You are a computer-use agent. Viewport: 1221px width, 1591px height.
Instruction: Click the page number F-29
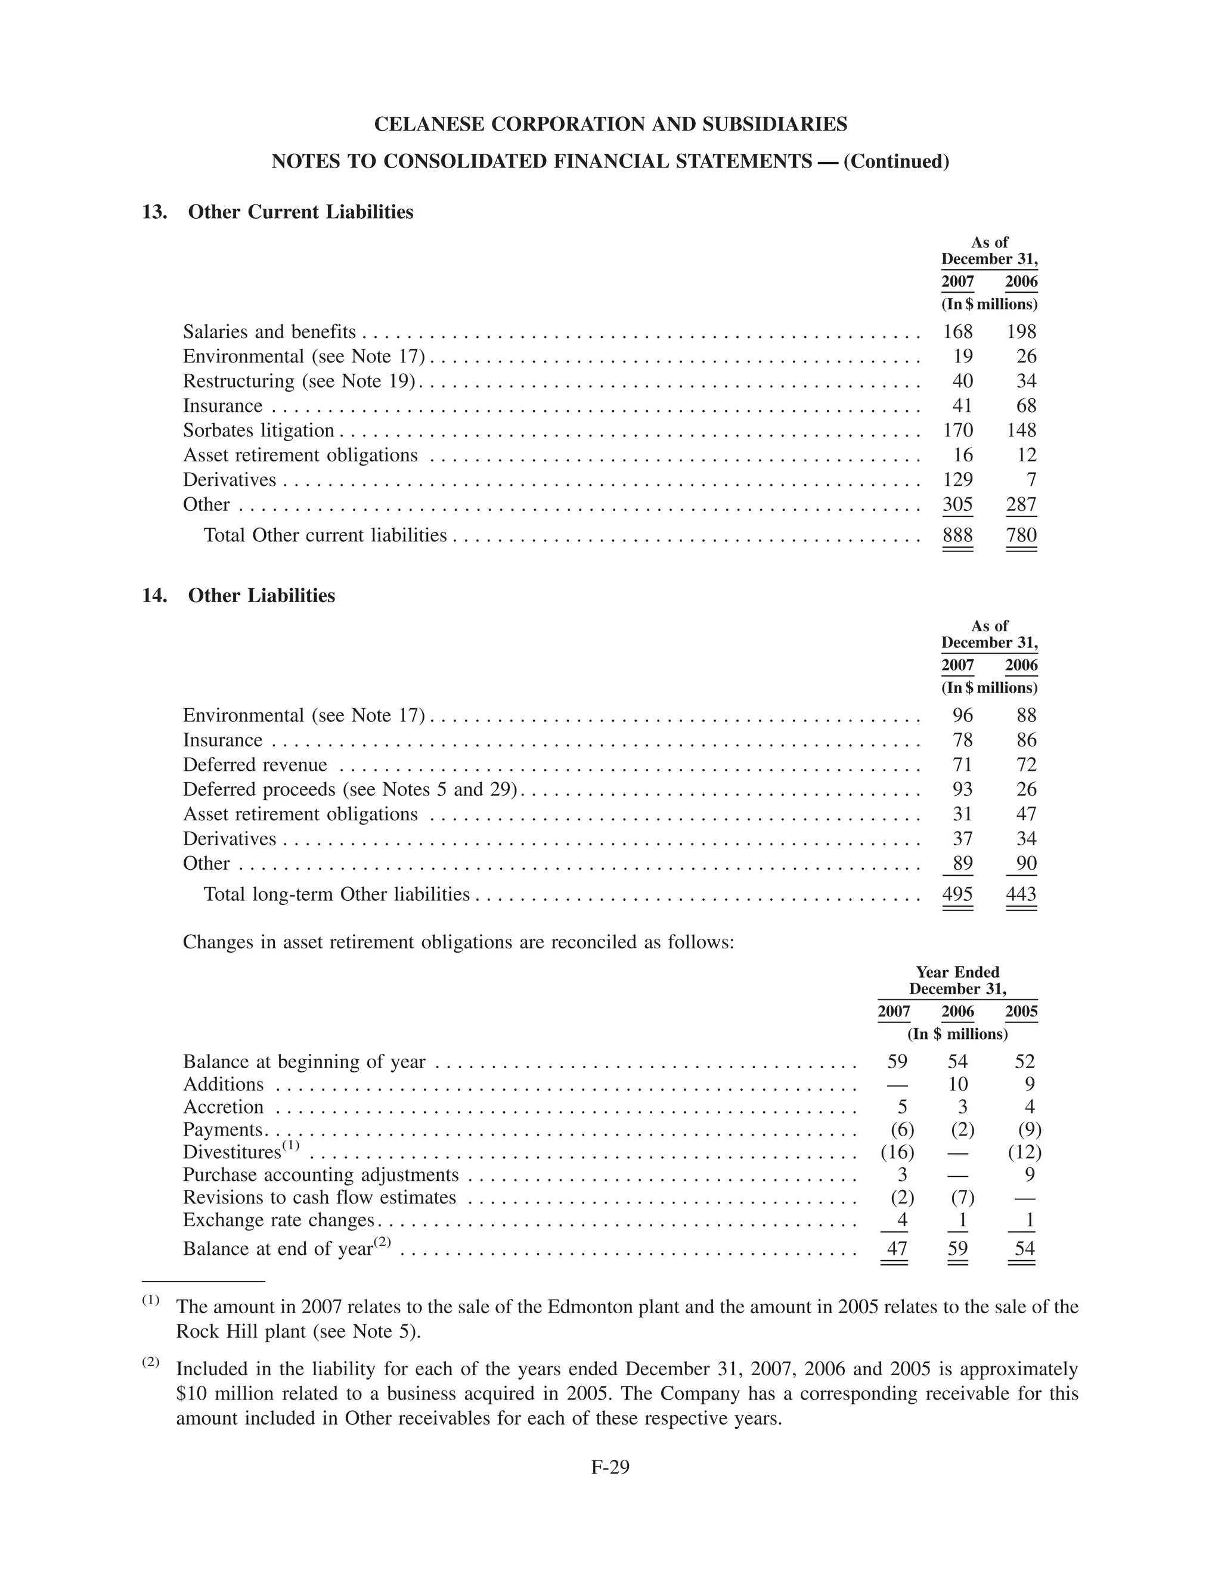click(610, 1467)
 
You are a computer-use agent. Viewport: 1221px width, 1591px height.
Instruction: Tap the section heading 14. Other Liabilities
click(238, 596)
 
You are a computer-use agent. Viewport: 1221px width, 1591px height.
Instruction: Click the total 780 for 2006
click(1021, 535)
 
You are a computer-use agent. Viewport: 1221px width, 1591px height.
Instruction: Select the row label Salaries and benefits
click(269, 332)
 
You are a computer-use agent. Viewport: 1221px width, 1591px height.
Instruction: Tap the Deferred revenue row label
click(255, 765)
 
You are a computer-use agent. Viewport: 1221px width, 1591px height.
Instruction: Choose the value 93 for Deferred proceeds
click(962, 790)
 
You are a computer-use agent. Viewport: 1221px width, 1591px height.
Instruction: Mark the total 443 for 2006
click(1021, 894)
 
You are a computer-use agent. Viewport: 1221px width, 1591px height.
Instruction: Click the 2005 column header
click(1021, 1011)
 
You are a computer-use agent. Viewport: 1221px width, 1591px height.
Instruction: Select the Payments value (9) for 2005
click(1029, 1130)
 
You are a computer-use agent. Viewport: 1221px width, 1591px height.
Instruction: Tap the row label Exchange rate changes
click(278, 1220)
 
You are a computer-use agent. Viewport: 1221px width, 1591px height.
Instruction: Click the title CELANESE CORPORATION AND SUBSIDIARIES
click(610, 124)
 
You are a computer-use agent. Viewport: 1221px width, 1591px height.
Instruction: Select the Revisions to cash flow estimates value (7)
click(962, 1197)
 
